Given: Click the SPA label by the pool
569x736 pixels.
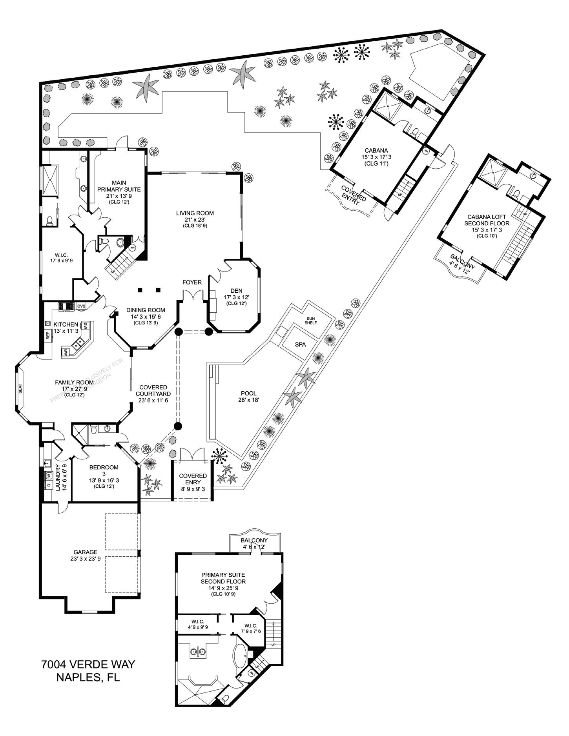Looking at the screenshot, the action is pyautogui.click(x=300, y=344).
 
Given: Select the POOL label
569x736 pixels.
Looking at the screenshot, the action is pyautogui.click(x=249, y=393).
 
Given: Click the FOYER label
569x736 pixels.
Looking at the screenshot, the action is pyautogui.click(x=192, y=282).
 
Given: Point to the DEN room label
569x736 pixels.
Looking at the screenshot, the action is pyautogui.click(x=236, y=291).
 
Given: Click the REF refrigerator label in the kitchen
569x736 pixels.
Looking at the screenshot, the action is pyautogui.click(x=48, y=336).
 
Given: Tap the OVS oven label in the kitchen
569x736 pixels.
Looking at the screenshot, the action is pyautogui.click(x=81, y=306).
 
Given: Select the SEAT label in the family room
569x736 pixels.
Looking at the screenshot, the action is pyautogui.click(x=20, y=388).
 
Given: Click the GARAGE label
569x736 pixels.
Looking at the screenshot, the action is pyautogui.click(x=85, y=552).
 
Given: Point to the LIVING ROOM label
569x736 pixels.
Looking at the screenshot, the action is pyautogui.click(x=195, y=213).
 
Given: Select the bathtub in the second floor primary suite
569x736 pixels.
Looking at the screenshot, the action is pyautogui.click(x=240, y=655).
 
